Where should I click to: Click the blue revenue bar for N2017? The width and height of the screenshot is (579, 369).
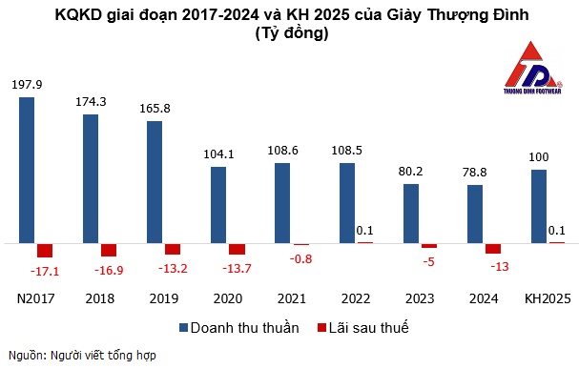(x=28, y=170)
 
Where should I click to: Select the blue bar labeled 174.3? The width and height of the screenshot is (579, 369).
(x=91, y=178)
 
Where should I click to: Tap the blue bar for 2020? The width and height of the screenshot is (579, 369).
(x=218, y=204)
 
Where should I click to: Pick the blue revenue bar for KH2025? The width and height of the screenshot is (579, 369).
(x=539, y=206)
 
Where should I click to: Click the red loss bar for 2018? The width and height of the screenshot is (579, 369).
(x=109, y=250)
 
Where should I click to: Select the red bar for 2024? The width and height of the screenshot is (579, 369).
(x=492, y=249)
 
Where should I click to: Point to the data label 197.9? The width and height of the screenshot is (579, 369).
(x=28, y=85)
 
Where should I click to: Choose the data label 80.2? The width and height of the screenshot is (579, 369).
(x=411, y=172)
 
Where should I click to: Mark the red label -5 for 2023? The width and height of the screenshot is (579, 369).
(x=429, y=261)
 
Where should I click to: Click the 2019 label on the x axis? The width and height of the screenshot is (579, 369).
(x=164, y=297)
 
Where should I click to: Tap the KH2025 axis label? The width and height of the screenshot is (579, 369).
(x=548, y=297)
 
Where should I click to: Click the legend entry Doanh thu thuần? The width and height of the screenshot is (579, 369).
(x=239, y=327)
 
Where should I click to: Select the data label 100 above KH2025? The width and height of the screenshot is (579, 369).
(x=539, y=156)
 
